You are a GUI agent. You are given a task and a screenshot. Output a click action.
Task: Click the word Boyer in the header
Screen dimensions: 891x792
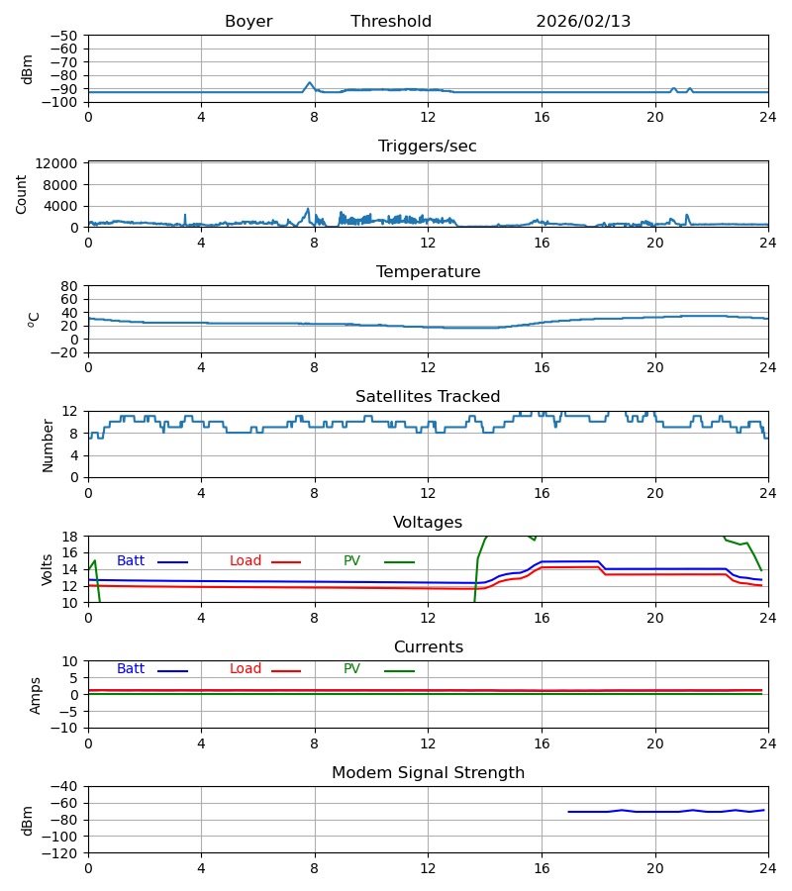pyautogui.click(x=248, y=22)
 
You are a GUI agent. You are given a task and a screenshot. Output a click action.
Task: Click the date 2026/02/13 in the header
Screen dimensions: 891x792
pyautogui.click(x=583, y=22)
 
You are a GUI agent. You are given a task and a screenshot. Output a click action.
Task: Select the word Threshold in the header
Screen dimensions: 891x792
pyautogui.click(x=391, y=22)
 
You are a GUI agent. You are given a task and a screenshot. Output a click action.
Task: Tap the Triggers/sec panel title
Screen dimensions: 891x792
pyautogui.click(x=428, y=147)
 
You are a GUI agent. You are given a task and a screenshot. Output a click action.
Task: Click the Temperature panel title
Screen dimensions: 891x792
pyautogui.click(x=428, y=272)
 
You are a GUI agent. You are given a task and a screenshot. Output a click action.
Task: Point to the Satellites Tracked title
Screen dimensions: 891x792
pyautogui.click(x=428, y=397)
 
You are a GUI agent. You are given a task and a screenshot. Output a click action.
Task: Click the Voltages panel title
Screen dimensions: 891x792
pyautogui.click(x=428, y=523)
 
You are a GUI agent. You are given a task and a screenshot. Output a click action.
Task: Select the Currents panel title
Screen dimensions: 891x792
pyautogui.click(x=428, y=647)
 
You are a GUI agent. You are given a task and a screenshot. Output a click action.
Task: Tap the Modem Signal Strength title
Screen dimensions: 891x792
pyautogui.click(x=428, y=773)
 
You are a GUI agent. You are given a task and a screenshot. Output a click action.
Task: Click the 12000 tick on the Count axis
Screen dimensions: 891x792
pyautogui.click(x=61, y=163)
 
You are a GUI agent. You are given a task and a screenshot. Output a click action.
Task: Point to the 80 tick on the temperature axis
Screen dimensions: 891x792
pyautogui.click(x=69, y=286)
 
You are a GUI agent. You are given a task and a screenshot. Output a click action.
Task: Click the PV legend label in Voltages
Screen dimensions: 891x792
pyautogui.click(x=351, y=561)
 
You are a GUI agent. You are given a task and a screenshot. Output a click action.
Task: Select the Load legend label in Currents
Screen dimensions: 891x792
pyautogui.click(x=246, y=669)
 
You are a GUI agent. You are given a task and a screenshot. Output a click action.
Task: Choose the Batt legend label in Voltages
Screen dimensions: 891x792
pyautogui.click(x=131, y=561)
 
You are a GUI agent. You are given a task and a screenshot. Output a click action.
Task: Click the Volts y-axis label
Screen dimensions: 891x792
pyautogui.click(x=48, y=569)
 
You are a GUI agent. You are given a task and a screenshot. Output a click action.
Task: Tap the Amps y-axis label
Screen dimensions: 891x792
pyautogui.click(x=36, y=695)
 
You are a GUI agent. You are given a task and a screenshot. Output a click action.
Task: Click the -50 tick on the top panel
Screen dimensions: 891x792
pyautogui.click(x=65, y=36)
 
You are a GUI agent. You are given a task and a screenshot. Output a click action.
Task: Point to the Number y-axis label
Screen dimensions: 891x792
pyautogui.click(x=48, y=445)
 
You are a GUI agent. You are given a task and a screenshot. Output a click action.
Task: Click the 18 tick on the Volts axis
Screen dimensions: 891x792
pyautogui.click(x=69, y=537)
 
